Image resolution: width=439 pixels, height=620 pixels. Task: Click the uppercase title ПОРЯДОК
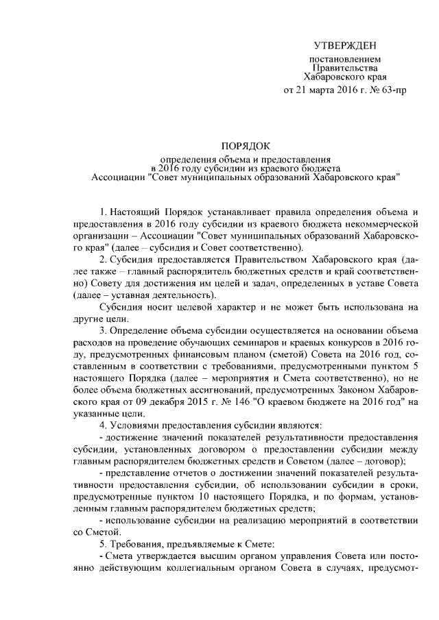246,145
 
